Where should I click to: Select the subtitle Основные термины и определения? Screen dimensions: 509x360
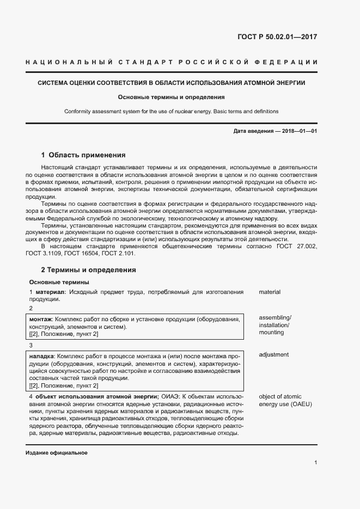click(172, 97)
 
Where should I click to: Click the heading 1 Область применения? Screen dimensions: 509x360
click(83, 155)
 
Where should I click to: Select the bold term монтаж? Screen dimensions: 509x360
click(41, 319)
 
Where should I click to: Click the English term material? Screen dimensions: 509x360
click(270, 292)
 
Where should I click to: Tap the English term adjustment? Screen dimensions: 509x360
click(274, 355)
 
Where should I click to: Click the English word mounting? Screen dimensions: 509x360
click(272, 332)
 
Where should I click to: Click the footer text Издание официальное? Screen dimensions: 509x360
click(56, 453)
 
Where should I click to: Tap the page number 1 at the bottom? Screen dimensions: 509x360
click(316, 463)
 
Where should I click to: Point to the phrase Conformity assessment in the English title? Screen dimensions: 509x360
click(92, 112)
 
